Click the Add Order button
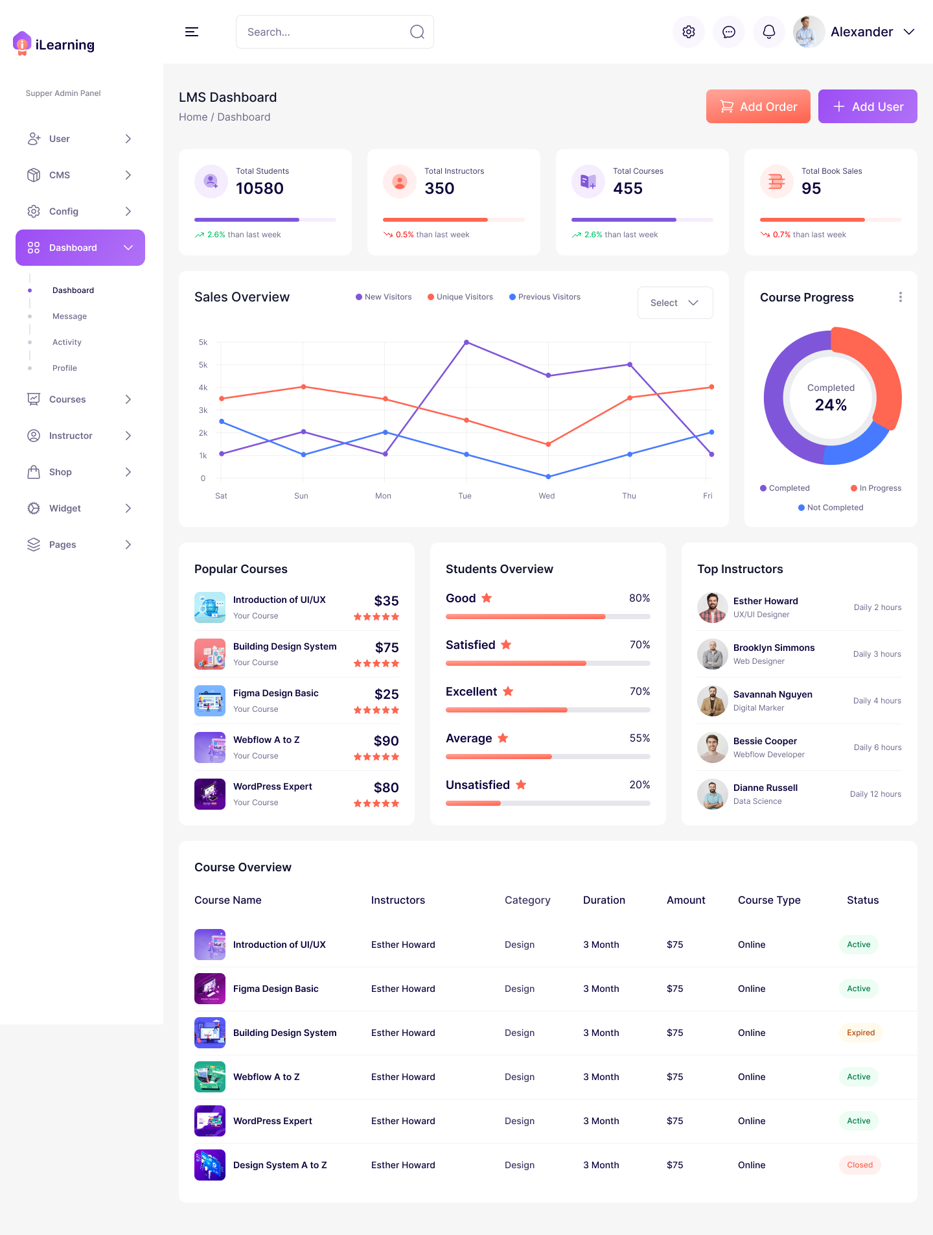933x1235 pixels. click(758, 106)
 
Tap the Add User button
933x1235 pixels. click(868, 106)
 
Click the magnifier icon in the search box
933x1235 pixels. click(417, 32)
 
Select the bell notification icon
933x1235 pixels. click(769, 32)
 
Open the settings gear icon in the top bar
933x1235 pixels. click(689, 32)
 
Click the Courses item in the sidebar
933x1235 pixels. click(67, 399)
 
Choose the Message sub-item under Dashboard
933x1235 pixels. click(69, 316)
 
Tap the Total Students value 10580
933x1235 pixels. click(260, 189)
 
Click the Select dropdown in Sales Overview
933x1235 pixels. click(675, 303)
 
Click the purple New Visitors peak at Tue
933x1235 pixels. click(466, 342)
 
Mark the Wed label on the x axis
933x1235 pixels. click(547, 496)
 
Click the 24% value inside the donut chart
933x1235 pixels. click(831, 405)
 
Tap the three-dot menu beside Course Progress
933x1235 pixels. click(900, 297)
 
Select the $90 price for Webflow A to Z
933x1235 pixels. click(386, 741)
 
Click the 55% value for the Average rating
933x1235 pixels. click(639, 738)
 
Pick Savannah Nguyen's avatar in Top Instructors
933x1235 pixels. click(713, 701)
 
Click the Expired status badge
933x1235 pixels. click(860, 1033)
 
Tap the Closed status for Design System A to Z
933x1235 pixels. click(860, 1165)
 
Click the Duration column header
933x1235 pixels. click(604, 900)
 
